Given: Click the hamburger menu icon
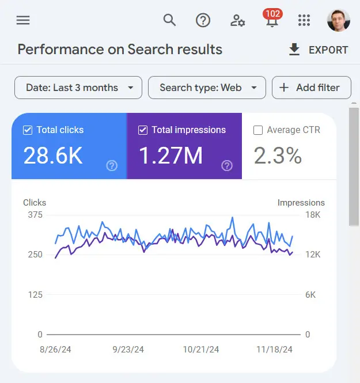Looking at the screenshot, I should (x=23, y=21).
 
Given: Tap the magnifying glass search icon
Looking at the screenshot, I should (x=169, y=20).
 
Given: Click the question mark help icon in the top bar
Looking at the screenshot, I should (x=203, y=21).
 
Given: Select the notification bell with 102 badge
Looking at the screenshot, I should (x=271, y=21).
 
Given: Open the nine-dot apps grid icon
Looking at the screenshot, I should (x=304, y=21).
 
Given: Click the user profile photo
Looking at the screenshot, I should (x=338, y=21).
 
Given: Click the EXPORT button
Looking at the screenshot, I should (x=318, y=50).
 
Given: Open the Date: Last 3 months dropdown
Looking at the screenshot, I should (x=78, y=88).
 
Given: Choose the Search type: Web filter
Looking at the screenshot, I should (x=207, y=88).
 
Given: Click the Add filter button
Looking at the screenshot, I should (x=311, y=88).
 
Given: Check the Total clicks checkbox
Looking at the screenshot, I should (x=28, y=130).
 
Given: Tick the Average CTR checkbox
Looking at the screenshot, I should (x=258, y=130).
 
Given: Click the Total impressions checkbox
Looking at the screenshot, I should (x=143, y=130).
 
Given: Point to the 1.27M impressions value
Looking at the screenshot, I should (x=170, y=156).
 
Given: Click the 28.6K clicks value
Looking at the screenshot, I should (x=53, y=156).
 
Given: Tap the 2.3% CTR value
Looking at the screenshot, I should (x=278, y=156).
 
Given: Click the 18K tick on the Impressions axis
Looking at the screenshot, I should (x=313, y=215).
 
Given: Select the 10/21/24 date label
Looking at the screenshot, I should (x=202, y=349).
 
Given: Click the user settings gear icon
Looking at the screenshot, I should (x=237, y=21).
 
